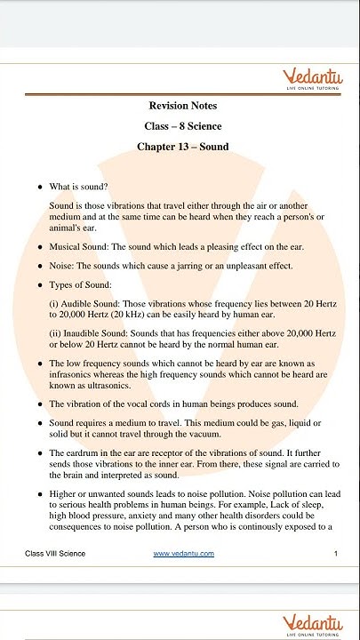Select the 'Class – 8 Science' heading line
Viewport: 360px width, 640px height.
pos(183,126)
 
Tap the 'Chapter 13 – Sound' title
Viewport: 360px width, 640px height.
pos(183,147)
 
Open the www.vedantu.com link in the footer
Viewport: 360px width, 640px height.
pos(183,554)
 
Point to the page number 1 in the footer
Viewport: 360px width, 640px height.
pos(335,554)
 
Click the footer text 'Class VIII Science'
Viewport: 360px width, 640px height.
pos(55,554)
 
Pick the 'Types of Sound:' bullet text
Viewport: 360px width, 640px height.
pos(80,284)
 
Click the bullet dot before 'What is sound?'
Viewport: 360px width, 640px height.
pos(39,187)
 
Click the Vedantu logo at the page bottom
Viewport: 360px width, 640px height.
pos(312,623)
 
